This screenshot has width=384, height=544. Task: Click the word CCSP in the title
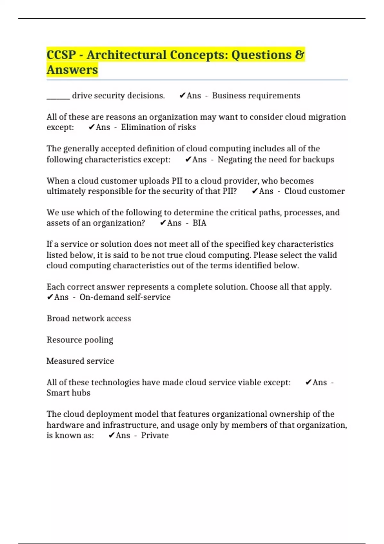61,55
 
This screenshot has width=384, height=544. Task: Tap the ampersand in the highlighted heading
300,54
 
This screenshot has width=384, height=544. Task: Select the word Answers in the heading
72,70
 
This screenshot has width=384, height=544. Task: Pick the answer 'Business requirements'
256,96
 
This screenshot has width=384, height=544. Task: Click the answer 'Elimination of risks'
158,127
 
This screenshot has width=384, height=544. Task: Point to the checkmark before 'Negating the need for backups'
188,159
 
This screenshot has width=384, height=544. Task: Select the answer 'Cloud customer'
314,191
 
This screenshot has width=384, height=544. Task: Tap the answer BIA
199,223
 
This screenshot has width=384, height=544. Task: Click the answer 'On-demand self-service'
125,297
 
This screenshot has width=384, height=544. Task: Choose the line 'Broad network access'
89,318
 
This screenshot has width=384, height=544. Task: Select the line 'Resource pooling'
80,340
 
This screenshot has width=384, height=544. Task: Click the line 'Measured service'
80,361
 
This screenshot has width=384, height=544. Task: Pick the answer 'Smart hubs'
68,393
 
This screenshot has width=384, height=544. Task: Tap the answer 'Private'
155,436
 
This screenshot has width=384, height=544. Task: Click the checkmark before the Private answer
111,435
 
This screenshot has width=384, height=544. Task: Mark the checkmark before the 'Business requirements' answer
182,95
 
